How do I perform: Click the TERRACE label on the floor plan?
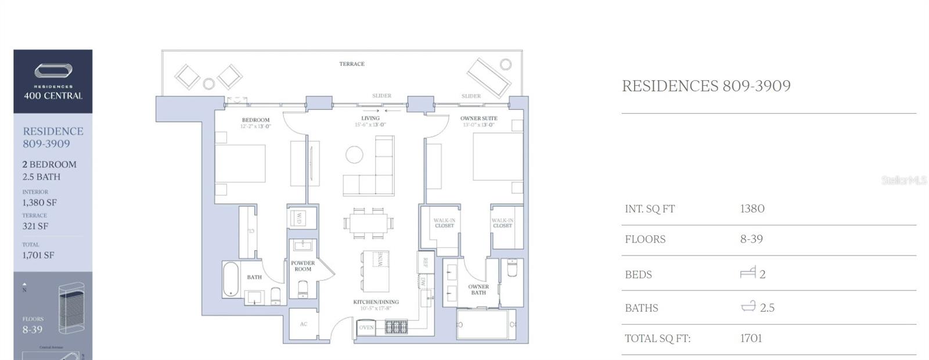352,64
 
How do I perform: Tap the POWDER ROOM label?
303,266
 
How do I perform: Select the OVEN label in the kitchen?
366,327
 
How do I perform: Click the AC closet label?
304,324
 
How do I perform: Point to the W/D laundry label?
298,218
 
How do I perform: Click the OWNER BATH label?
478,289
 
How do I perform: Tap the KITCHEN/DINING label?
376,302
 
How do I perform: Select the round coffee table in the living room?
354,154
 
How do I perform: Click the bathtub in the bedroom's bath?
231,279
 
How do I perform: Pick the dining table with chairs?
369,222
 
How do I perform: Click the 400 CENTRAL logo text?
53,96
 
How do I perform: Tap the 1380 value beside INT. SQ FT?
752,208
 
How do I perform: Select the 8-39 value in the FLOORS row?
751,239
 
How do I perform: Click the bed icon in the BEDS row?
748,272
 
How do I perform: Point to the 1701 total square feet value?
751,338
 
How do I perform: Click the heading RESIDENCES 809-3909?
706,86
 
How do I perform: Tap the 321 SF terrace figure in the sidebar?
35,226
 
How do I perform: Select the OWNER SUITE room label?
478,118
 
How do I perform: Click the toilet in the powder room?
303,289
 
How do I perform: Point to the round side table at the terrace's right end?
506,64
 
